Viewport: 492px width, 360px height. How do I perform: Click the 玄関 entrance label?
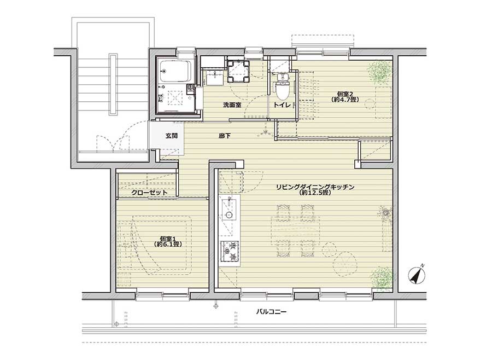(172, 136)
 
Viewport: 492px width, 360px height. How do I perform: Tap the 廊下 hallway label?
(225, 136)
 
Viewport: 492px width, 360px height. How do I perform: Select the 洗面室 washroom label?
(232, 105)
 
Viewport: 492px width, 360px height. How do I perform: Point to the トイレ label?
(283, 105)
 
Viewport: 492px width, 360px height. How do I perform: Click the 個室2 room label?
(345, 94)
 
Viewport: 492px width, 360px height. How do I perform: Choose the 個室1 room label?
(168, 238)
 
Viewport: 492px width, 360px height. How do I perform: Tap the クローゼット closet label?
(149, 192)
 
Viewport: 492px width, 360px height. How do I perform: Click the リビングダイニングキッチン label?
(315, 187)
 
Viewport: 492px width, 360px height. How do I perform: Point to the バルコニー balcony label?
(271, 312)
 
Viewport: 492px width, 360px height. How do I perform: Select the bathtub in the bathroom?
(175, 71)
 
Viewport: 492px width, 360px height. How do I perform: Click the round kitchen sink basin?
(230, 215)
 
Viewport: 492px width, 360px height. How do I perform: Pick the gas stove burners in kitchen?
(230, 251)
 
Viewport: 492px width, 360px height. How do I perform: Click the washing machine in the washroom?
(238, 71)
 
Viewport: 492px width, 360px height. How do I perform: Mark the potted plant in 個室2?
(380, 72)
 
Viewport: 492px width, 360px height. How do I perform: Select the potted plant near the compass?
(382, 277)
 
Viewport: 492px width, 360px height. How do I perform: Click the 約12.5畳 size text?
(315, 193)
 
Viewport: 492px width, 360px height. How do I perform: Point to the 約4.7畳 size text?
(345, 99)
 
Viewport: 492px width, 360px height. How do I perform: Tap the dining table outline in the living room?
(296, 231)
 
